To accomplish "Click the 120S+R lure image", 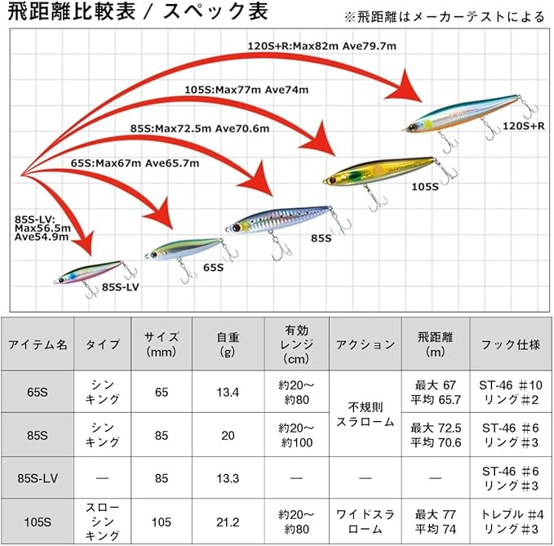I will tap(465, 113).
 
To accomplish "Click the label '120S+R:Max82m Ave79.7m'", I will tap(321, 47).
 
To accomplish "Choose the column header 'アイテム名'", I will tap(38, 344).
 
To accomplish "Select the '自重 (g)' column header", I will tap(228, 344).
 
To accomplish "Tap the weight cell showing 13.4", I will tap(228, 393).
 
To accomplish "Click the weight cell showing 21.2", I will tap(228, 522).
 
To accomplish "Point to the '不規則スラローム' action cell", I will tap(365, 414).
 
